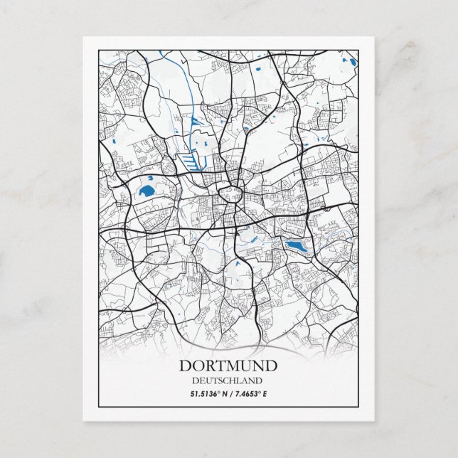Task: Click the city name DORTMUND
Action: (x=228, y=366)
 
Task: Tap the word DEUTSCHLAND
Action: (x=228, y=380)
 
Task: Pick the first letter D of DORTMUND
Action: (x=185, y=366)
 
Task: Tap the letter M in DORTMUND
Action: (x=234, y=366)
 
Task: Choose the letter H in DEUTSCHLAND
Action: (x=232, y=380)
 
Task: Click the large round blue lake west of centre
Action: (x=147, y=191)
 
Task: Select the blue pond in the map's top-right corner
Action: (x=351, y=61)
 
